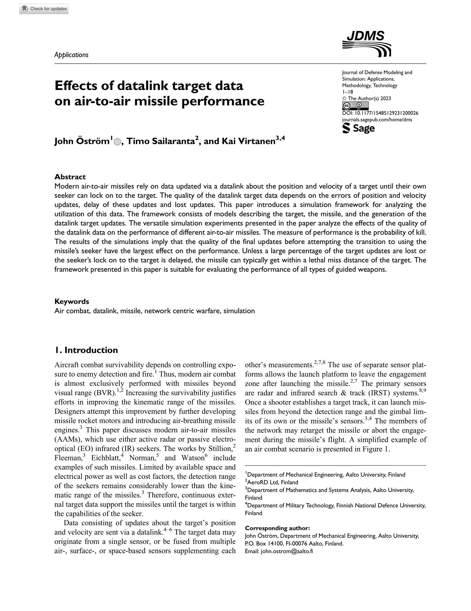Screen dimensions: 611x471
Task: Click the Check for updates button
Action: pos(44,9)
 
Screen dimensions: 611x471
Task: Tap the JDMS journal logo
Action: pos(366,44)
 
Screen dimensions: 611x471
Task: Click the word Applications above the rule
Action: pos(71,55)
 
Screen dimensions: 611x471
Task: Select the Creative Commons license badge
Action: pos(355,106)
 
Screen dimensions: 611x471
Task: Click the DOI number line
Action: pos(380,113)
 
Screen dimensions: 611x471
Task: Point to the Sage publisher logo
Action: pos(358,129)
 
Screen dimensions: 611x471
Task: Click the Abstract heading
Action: pos(70,177)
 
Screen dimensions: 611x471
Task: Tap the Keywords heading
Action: pos(72,301)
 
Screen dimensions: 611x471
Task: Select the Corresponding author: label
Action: pos(277,528)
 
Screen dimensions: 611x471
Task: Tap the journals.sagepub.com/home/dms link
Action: pos(377,120)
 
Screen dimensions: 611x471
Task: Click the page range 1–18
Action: pos(347,92)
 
